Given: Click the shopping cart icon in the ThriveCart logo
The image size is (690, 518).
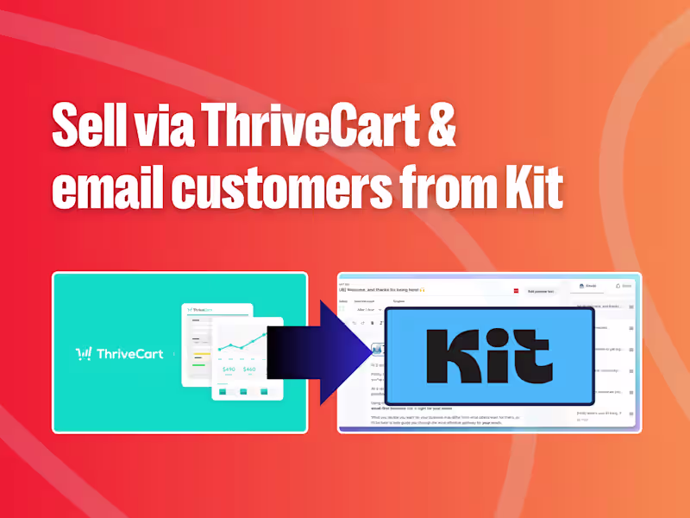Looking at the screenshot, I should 84,353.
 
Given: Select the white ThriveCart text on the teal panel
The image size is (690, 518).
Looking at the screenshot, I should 128,353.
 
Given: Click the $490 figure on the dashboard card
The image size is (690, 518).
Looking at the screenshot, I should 229,369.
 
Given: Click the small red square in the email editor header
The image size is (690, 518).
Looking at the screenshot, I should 517,292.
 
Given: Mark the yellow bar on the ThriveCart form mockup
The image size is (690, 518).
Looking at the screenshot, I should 201,353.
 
